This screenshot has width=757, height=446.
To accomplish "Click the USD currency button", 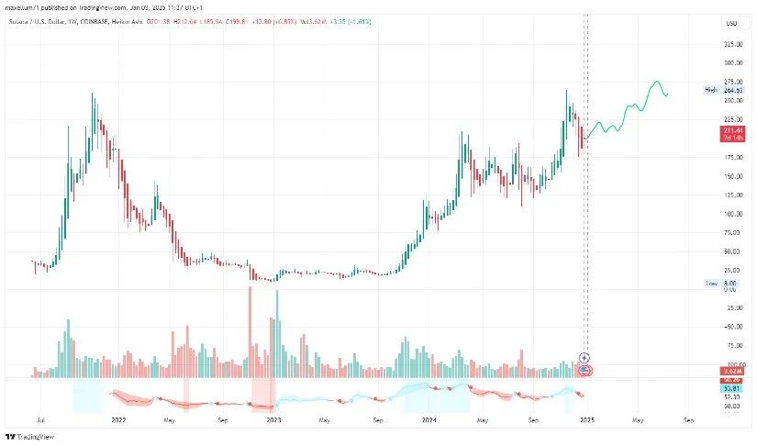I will (x=731, y=22).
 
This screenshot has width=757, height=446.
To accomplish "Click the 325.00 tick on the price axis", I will (x=733, y=44).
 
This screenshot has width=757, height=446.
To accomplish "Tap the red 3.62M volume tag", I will (x=732, y=371).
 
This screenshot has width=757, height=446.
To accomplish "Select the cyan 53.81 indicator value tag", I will (x=732, y=388).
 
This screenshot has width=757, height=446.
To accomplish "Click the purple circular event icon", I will (x=585, y=356).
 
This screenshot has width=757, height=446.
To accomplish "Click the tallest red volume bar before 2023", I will (x=249, y=331).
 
